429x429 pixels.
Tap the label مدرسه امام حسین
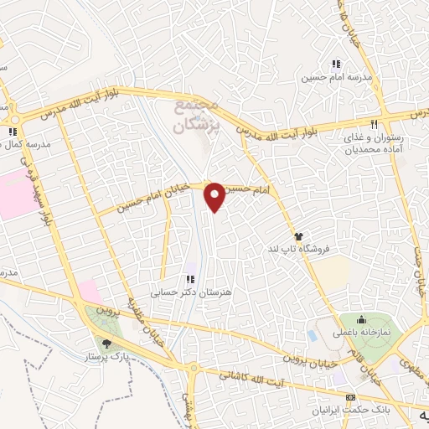click(x=336, y=77)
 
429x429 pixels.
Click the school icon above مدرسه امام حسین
click(x=336, y=64)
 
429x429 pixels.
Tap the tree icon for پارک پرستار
click(x=106, y=342)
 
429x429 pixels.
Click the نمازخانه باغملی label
click(x=366, y=333)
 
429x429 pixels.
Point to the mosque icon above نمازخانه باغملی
click(x=360, y=319)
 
